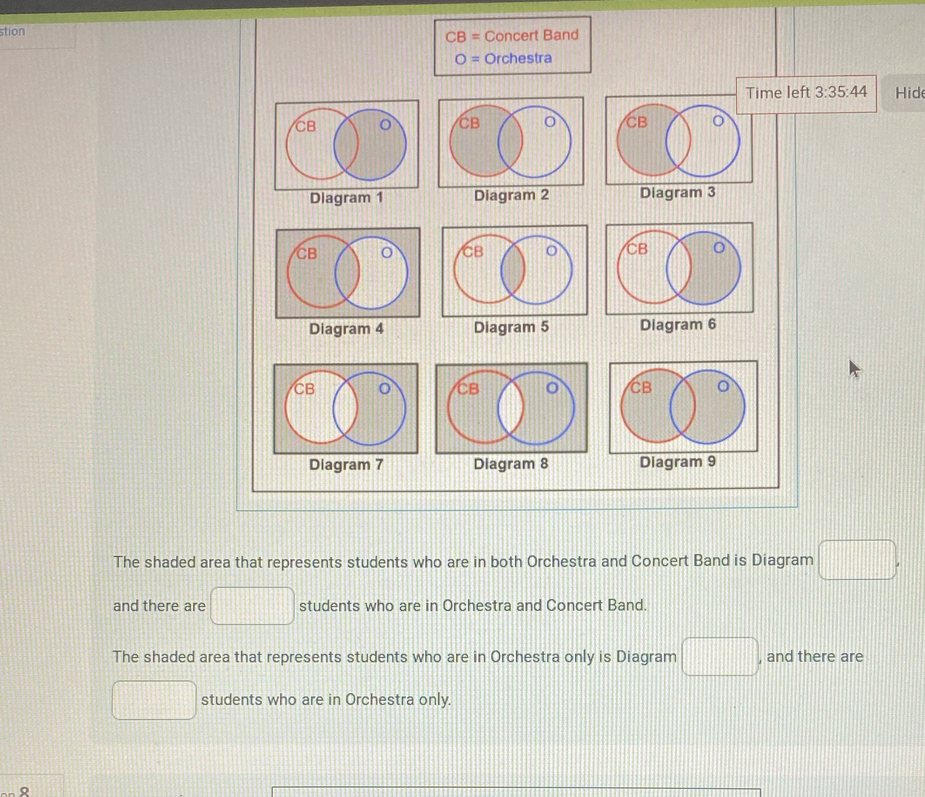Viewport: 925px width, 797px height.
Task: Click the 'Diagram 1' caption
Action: [346, 198]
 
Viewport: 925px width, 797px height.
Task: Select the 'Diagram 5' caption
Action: [511, 328]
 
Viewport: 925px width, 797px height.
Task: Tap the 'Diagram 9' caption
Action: [678, 462]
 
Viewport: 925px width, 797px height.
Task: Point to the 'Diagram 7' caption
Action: [346, 465]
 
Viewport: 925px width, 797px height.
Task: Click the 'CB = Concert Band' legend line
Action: [511, 36]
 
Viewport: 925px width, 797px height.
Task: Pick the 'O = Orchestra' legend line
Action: [503, 58]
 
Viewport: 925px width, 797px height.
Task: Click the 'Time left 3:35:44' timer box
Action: [806, 93]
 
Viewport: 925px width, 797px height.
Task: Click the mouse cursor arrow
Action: [854, 368]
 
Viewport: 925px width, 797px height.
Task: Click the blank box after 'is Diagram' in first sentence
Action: [856, 560]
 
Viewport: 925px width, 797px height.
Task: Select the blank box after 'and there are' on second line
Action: [252, 606]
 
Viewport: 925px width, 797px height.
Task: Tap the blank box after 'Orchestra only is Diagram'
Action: [719, 656]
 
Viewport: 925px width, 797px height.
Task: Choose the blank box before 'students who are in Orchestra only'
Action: [154, 699]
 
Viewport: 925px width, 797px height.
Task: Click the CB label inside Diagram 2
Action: [469, 123]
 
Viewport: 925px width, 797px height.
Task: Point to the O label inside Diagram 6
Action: [719, 247]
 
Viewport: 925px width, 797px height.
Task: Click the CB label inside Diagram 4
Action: [307, 254]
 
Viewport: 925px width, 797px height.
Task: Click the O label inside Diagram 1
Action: [385, 125]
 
